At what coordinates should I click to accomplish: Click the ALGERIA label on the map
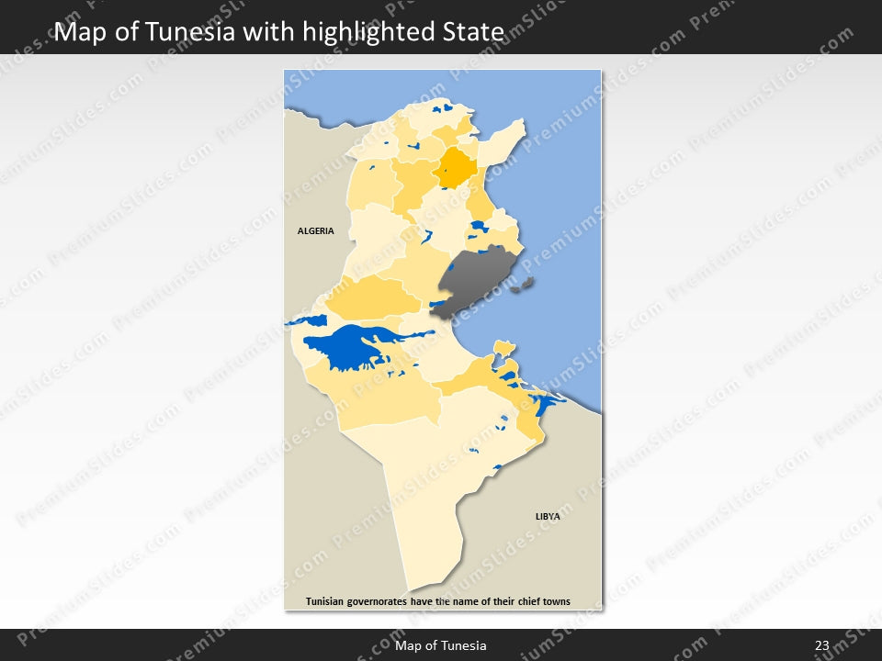point(315,231)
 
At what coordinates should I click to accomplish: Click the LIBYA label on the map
point(548,517)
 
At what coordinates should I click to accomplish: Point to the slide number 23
point(821,645)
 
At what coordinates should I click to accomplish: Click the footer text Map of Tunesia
point(441,645)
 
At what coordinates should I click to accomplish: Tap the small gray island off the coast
point(524,287)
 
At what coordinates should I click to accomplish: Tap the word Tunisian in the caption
point(331,602)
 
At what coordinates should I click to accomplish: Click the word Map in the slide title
point(75,33)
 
